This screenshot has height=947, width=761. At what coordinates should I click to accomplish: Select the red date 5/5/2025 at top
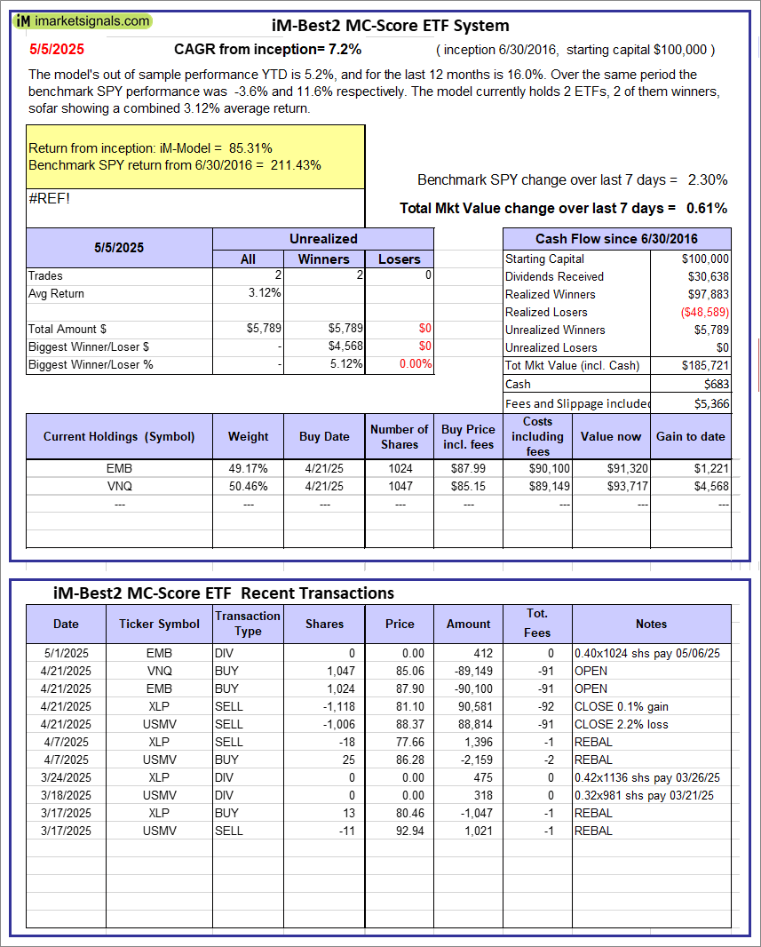(56, 50)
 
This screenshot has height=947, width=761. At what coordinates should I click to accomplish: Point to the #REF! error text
(49, 198)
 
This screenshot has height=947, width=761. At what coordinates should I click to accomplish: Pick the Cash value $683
(716, 384)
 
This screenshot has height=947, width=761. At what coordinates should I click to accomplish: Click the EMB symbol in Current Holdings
(119, 468)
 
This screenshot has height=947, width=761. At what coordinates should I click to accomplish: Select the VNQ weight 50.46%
(249, 486)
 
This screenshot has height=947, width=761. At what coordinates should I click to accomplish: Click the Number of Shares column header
(400, 436)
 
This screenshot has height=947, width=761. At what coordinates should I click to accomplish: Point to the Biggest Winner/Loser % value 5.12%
(345, 364)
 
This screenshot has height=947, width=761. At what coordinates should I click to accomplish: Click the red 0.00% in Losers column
(415, 364)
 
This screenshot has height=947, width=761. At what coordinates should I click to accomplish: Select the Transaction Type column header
(248, 623)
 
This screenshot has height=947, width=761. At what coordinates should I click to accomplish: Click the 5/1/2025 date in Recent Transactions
(66, 653)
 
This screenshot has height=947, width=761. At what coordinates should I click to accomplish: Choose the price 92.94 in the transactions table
(400, 831)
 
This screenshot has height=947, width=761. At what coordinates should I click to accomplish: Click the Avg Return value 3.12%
(265, 293)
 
